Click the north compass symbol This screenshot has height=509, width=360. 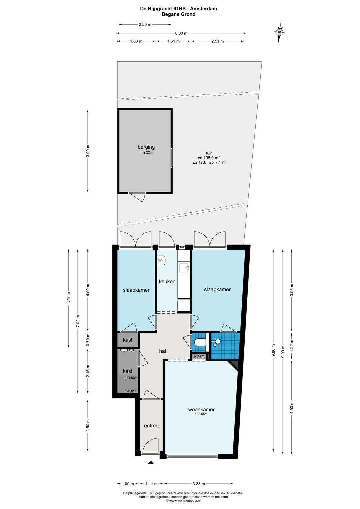tap(279, 32)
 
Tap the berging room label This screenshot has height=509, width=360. tap(146, 147)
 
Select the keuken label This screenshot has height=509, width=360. tap(167, 282)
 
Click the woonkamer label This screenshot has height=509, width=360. tap(201, 410)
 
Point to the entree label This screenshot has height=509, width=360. tap(151, 426)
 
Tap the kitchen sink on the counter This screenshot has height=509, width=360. tap(184, 268)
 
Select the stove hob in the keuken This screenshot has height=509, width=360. tap(161, 260)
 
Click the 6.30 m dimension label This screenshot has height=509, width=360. tap(181, 33)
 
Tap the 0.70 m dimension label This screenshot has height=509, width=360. tap(88, 340)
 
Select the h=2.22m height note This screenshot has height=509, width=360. tap(146, 152)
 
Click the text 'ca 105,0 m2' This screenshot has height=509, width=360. tap(209, 158)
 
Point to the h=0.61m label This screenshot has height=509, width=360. tap(131, 391)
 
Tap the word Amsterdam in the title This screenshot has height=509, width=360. tap(204, 9)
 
